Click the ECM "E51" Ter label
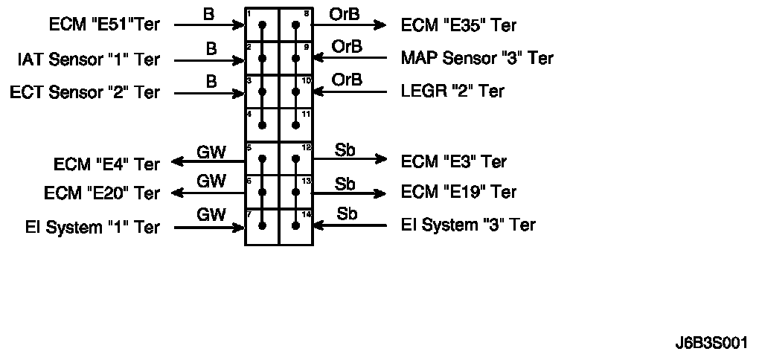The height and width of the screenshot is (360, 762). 104,25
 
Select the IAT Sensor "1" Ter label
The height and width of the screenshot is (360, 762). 89,60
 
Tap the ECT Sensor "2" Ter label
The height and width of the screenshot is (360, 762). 85,92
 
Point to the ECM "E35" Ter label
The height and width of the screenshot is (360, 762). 458,25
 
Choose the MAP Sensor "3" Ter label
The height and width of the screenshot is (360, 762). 477,58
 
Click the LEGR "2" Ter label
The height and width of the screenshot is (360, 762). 452,91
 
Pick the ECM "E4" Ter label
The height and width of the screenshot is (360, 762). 106,164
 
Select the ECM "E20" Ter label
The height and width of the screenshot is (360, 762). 101,193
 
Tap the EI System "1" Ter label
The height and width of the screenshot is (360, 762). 92,227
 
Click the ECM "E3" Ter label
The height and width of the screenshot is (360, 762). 454,161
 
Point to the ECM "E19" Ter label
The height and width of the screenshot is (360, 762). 458,192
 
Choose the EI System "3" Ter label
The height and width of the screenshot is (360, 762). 468,225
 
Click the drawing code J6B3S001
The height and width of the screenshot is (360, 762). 711,343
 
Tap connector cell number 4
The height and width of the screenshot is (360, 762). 262,125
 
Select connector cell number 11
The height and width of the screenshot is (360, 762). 296,125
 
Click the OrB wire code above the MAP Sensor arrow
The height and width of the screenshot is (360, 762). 347,47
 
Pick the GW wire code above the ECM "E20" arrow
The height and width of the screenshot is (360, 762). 211,181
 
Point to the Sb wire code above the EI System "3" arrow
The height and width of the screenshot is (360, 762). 347,213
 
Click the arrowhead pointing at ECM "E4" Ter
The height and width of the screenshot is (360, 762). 178,161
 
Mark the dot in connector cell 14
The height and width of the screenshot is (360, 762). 296,226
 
